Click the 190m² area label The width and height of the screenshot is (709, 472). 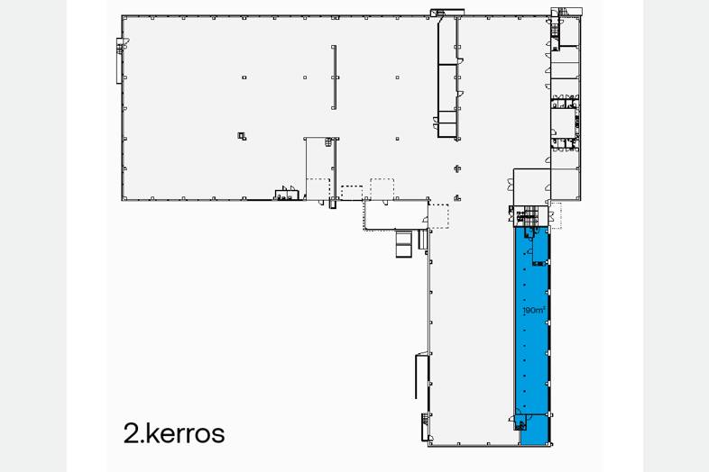[x=534, y=310]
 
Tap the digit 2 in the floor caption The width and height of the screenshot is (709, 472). [x=131, y=433]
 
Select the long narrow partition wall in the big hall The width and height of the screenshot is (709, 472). [x=334, y=77]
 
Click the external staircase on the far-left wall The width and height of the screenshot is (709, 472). [x=119, y=61]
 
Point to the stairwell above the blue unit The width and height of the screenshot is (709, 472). [x=529, y=215]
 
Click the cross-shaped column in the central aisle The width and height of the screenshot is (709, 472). [x=457, y=168]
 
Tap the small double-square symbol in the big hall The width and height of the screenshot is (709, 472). [x=242, y=135]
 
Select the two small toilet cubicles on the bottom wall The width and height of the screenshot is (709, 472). [x=287, y=194]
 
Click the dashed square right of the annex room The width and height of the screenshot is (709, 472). [x=438, y=216]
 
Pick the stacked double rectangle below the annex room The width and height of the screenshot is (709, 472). [x=403, y=244]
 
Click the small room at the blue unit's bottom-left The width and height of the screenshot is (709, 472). [x=521, y=422]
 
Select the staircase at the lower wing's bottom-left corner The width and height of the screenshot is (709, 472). [x=425, y=426]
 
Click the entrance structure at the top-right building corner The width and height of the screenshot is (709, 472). [x=566, y=13]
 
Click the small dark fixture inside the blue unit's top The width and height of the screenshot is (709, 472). [x=539, y=263]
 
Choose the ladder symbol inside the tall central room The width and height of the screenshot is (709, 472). [x=328, y=142]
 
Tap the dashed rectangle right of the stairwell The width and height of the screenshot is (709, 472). [x=556, y=215]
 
